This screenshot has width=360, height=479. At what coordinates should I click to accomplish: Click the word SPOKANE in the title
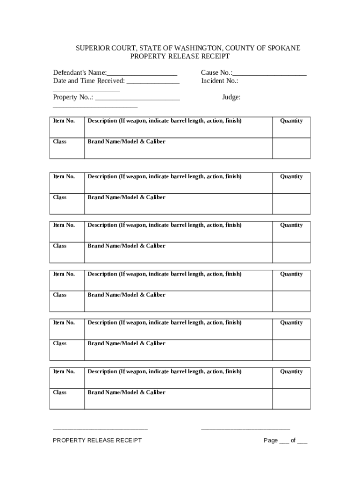(x=284, y=48)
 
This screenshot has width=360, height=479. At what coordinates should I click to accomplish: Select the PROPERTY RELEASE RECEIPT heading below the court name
(x=180, y=57)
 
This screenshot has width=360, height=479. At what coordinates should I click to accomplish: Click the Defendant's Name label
(x=79, y=73)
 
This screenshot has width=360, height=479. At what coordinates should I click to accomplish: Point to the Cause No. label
(x=216, y=73)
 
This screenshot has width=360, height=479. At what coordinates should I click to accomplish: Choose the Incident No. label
(x=220, y=81)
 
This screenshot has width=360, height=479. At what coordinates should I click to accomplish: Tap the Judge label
(x=231, y=97)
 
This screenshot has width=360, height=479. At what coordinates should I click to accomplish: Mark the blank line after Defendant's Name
(x=142, y=74)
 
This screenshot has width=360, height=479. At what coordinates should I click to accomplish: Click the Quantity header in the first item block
(x=291, y=121)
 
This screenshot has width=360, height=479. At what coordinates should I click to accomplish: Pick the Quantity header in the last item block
(x=291, y=371)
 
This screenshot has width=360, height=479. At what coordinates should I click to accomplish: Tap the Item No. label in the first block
(x=64, y=121)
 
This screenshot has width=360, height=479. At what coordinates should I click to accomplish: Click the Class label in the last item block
(x=60, y=392)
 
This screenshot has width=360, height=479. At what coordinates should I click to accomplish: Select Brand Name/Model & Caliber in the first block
(x=126, y=142)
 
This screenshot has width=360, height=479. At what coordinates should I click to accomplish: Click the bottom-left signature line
(x=101, y=428)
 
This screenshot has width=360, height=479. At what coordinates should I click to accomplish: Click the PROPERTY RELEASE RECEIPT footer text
(x=97, y=440)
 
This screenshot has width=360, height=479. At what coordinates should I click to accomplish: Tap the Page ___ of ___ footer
(x=285, y=441)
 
